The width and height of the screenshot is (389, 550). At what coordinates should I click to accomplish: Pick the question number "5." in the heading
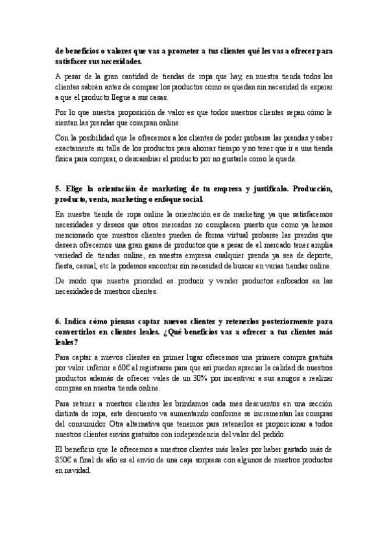59,189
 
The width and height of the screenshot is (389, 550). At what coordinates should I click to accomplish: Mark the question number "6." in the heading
59,320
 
